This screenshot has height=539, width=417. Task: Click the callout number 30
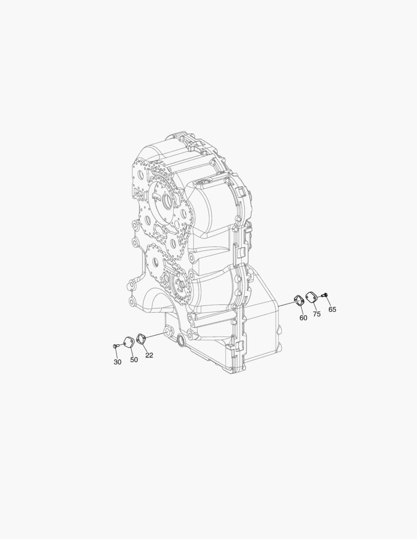click(x=117, y=362)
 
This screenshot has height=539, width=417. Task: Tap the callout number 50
click(x=134, y=359)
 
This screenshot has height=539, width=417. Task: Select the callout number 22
click(x=149, y=355)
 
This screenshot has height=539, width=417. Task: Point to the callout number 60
click(x=303, y=318)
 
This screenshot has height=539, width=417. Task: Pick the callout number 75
click(x=317, y=314)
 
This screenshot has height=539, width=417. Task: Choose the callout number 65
click(x=332, y=309)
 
